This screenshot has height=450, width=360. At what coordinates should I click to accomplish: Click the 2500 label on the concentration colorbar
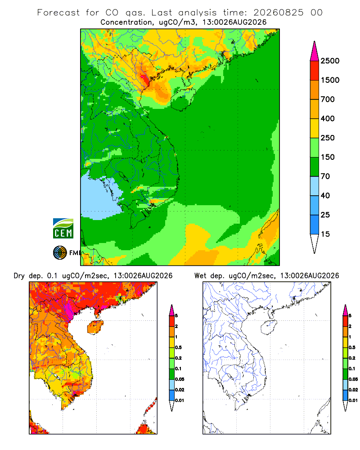(x=330, y=61)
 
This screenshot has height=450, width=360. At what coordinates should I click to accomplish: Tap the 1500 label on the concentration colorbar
(x=330, y=80)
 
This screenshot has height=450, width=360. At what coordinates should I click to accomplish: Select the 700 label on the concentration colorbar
(x=328, y=99)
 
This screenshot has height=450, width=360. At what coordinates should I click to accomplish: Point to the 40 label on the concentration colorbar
(x=325, y=195)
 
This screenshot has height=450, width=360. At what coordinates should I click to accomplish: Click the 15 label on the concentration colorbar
(x=325, y=234)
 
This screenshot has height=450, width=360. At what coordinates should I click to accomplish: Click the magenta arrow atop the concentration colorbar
(x=315, y=51)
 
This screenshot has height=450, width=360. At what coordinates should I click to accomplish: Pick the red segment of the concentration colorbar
(x=315, y=71)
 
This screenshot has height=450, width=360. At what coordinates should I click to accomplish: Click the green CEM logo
(x=63, y=229)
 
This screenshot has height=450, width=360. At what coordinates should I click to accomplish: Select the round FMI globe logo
(x=60, y=253)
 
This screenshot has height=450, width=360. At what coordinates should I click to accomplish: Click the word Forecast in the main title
(x=58, y=13)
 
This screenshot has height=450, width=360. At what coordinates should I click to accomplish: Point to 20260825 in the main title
(x=278, y=13)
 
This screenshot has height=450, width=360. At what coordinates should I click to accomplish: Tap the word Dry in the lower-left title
(x=19, y=276)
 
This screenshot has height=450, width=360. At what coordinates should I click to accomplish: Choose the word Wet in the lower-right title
(x=200, y=276)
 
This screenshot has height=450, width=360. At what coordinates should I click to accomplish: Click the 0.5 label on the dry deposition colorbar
(x=179, y=347)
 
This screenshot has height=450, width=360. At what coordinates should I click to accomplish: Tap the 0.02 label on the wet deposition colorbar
(x=353, y=390)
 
